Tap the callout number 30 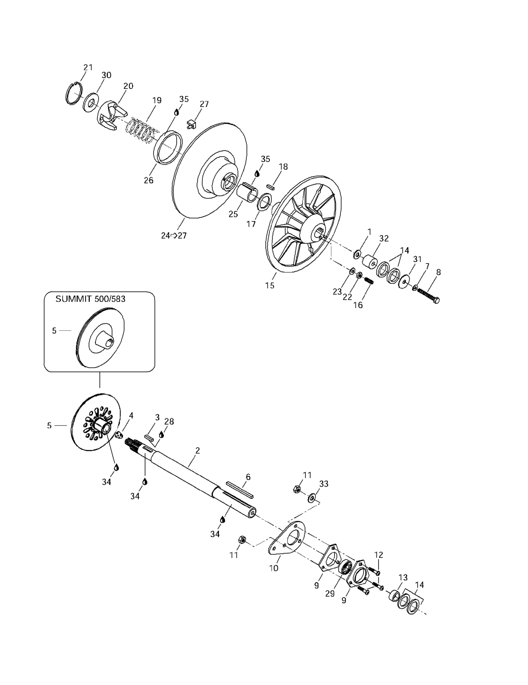[x=106, y=75]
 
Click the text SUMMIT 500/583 [x=90, y=299]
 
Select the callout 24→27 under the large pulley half [x=174, y=236]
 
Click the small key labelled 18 [x=271, y=187]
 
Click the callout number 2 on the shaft [x=197, y=451]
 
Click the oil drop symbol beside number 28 [x=161, y=434]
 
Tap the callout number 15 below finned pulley [x=269, y=285]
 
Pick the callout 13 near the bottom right [x=403, y=577]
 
